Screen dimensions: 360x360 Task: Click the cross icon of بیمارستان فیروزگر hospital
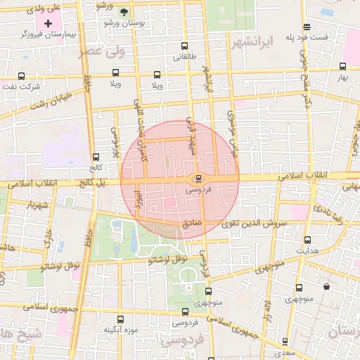pos(49,24)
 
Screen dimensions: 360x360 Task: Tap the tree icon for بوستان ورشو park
pos(124,12)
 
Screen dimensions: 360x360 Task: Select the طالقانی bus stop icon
pos(184,47)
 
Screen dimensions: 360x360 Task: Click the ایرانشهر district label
pos(251,43)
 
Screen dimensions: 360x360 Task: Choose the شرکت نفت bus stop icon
pos(21,76)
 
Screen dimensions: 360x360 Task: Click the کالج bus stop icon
pos(96,157)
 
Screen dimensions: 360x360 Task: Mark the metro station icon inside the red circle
pos(200,179)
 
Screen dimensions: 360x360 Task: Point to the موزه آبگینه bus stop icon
pos(119,319)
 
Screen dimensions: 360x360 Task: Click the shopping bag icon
pos(327,287)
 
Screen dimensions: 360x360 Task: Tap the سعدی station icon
pos(282,342)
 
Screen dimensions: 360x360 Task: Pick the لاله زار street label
pos(267,310)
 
